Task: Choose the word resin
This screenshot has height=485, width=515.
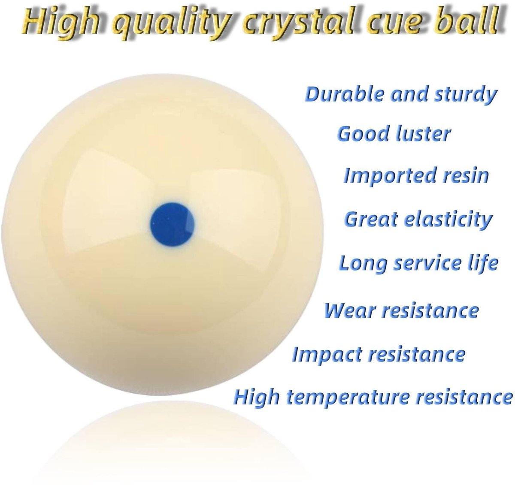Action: (466, 175)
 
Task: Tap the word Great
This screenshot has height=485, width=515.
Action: (371, 219)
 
